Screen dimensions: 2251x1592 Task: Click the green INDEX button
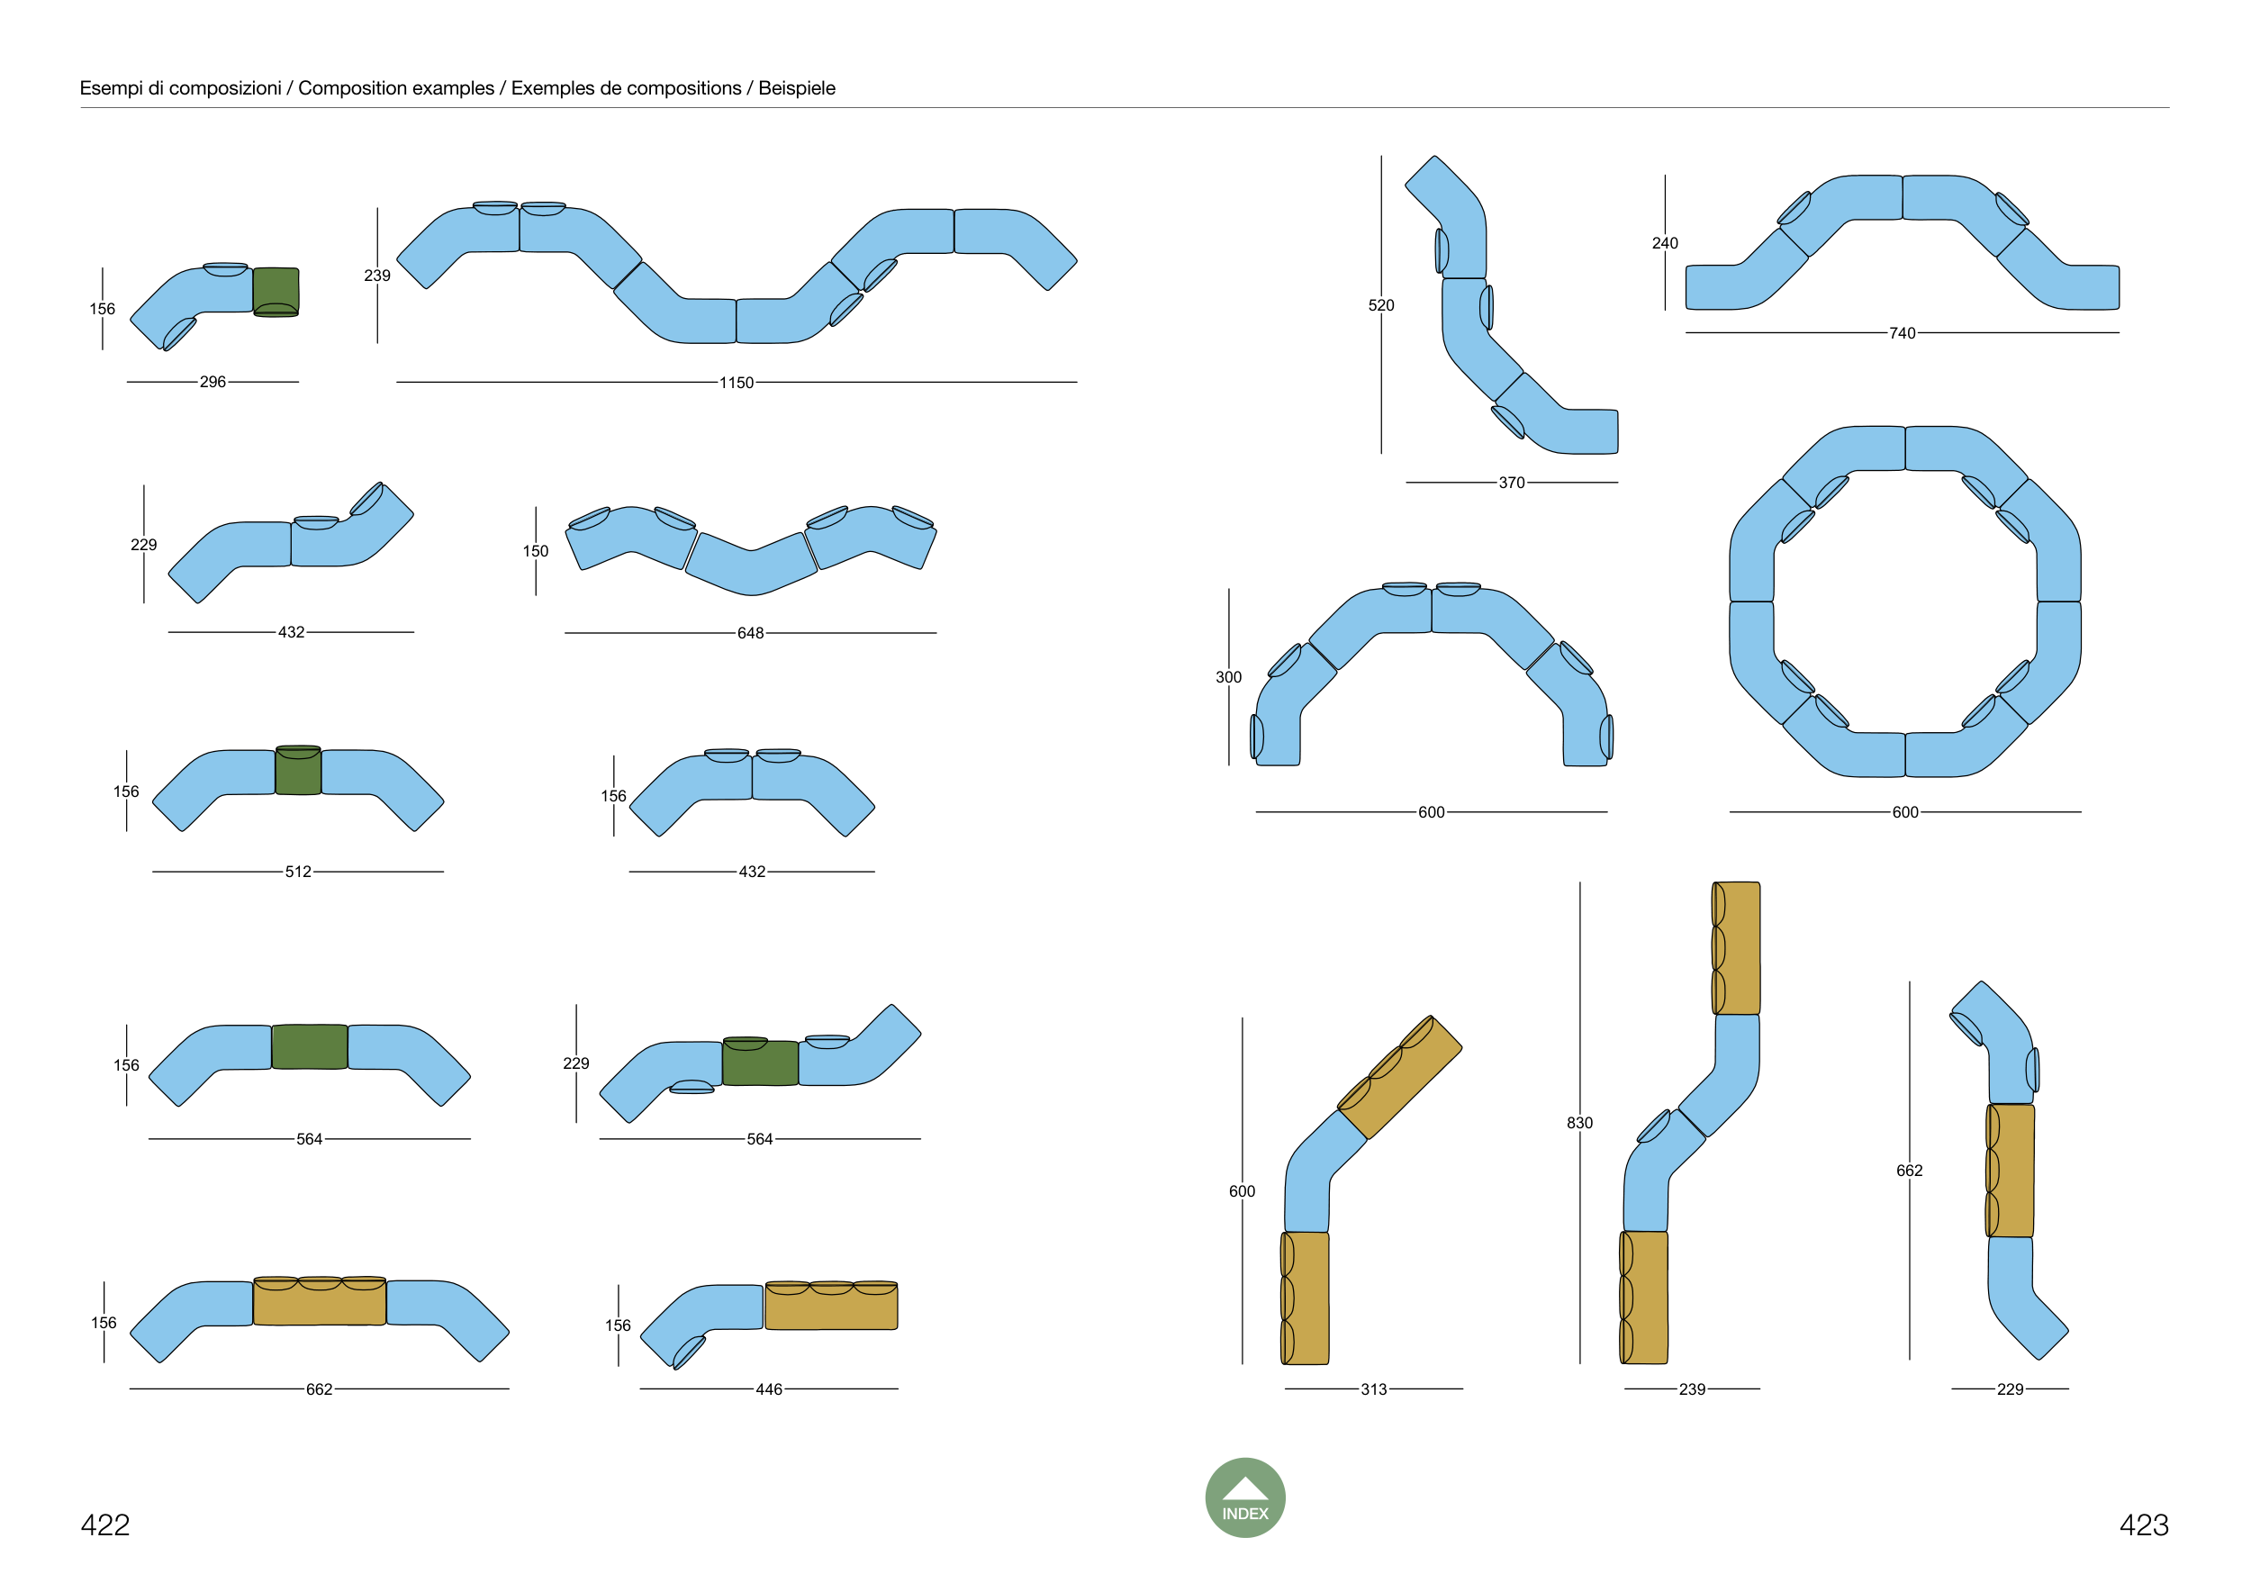(x=1244, y=1497)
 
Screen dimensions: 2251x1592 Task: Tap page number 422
(x=105, y=1524)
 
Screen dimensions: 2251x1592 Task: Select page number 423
(x=2143, y=1524)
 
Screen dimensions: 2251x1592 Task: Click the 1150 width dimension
(x=737, y=383)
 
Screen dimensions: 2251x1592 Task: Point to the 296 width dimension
(x=212, y=381)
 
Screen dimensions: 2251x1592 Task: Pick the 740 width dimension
(x=1902, y=333)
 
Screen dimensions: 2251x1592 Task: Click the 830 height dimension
(x=1579, y=1123)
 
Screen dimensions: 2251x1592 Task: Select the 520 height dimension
(x=1381, y=305)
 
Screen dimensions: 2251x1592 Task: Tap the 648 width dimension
(x=750, y=633)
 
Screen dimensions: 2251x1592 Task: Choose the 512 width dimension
(x=298, y=872)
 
